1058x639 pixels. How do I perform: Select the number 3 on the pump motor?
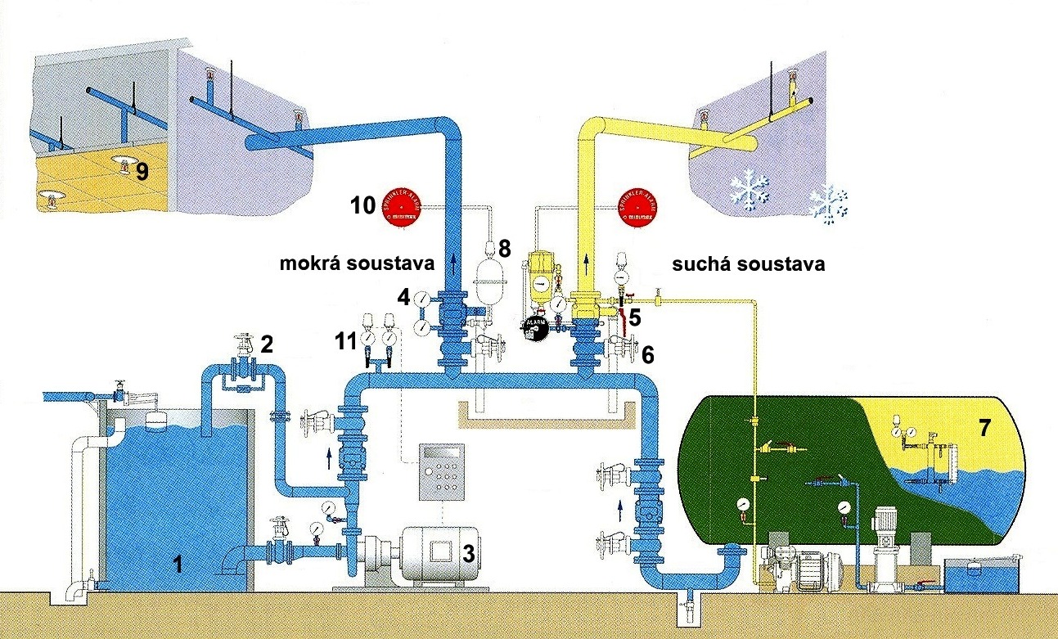click(469, 554)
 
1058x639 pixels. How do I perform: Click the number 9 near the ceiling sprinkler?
click(142, 173)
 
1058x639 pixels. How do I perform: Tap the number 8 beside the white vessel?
click(504, 248)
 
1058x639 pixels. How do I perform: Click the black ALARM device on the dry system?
click(536, 326)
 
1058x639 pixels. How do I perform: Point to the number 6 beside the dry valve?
click(648, 354)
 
